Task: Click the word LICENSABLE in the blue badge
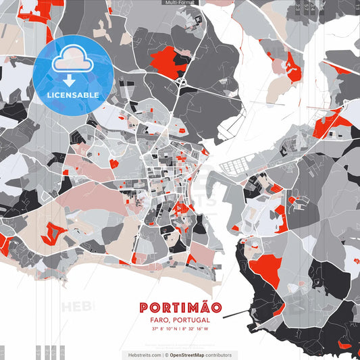pos(73,95)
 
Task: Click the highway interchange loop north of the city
pos(181,82)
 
